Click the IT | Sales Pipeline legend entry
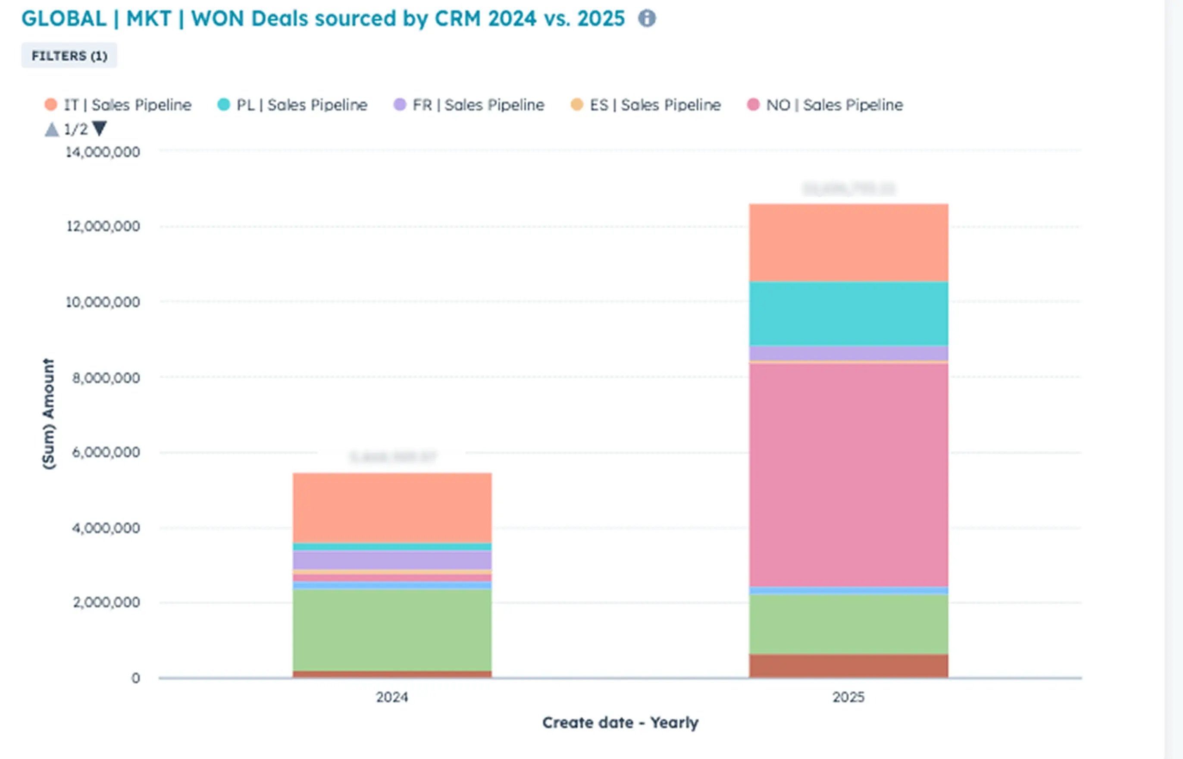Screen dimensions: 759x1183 coord(118,105)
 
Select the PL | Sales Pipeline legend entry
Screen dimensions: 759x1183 coord(293,105)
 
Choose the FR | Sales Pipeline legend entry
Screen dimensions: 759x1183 coord(469,105)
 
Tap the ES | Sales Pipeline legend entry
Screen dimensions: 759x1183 coord(646,105)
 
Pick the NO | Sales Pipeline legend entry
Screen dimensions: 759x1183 coord(825,105)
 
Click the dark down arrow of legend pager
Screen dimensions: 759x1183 coord(100,129)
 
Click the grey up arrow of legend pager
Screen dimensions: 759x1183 coord(52,130)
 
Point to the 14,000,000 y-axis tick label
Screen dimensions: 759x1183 coord(103,152)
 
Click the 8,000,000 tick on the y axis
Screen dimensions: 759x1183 coord(106,378)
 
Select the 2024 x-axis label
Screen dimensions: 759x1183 coord(392,697)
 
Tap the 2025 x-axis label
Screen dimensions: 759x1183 coord(848,697)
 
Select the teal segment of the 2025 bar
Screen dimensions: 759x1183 coord(848,314)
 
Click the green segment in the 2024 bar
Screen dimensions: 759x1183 coord(392,630)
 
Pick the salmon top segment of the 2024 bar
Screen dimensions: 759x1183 coord(392,508)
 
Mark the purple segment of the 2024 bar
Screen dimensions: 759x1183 coord(392,560)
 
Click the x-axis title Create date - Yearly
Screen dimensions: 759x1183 coord(620,722)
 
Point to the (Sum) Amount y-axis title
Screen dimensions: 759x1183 coord(48,414)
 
